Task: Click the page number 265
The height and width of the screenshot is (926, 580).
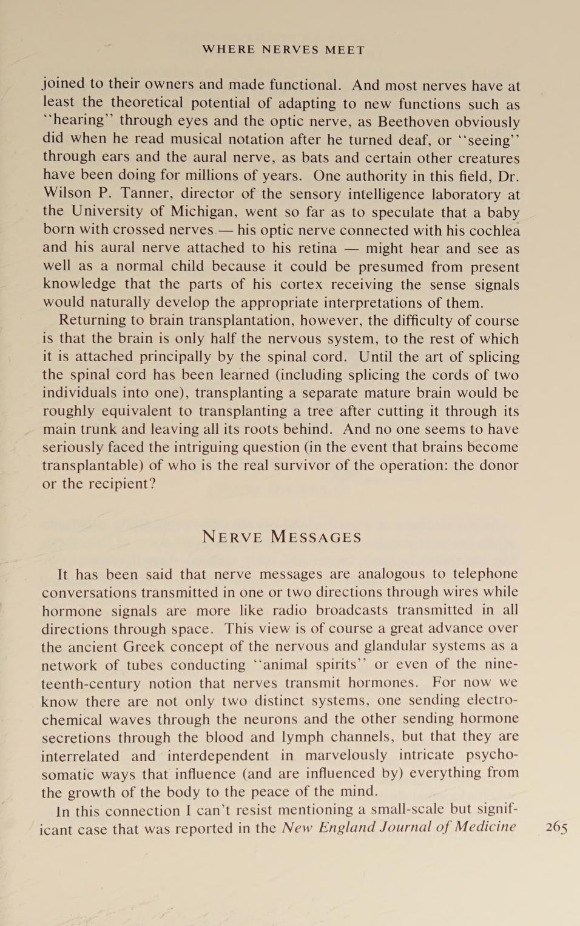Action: click(x=556, y=828)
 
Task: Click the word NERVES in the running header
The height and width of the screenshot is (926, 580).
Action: click(x=290, y=50)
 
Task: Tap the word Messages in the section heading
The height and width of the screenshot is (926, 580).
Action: click(x=315, y=537)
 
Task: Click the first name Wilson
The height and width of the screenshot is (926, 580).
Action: click(x=67, y=193)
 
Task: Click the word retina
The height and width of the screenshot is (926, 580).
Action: click(x=312, y=248)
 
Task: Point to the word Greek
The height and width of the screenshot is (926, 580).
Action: click(x=144, y=646)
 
